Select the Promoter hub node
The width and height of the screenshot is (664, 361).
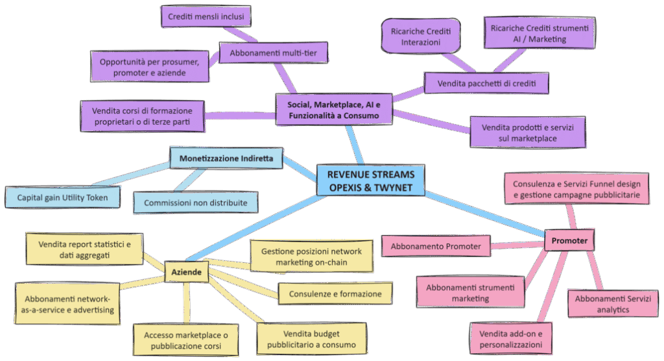pos(569,241)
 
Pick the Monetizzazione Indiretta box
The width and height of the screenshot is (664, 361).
pos(226,158)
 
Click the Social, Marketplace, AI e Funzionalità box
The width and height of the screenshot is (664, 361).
pos(333,109)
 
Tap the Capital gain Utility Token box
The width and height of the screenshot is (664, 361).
pos(63,196)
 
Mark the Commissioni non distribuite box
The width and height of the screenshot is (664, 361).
pos(195,203)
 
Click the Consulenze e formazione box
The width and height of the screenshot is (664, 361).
pos(335,293)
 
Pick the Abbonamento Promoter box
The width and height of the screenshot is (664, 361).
pos(435,246)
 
